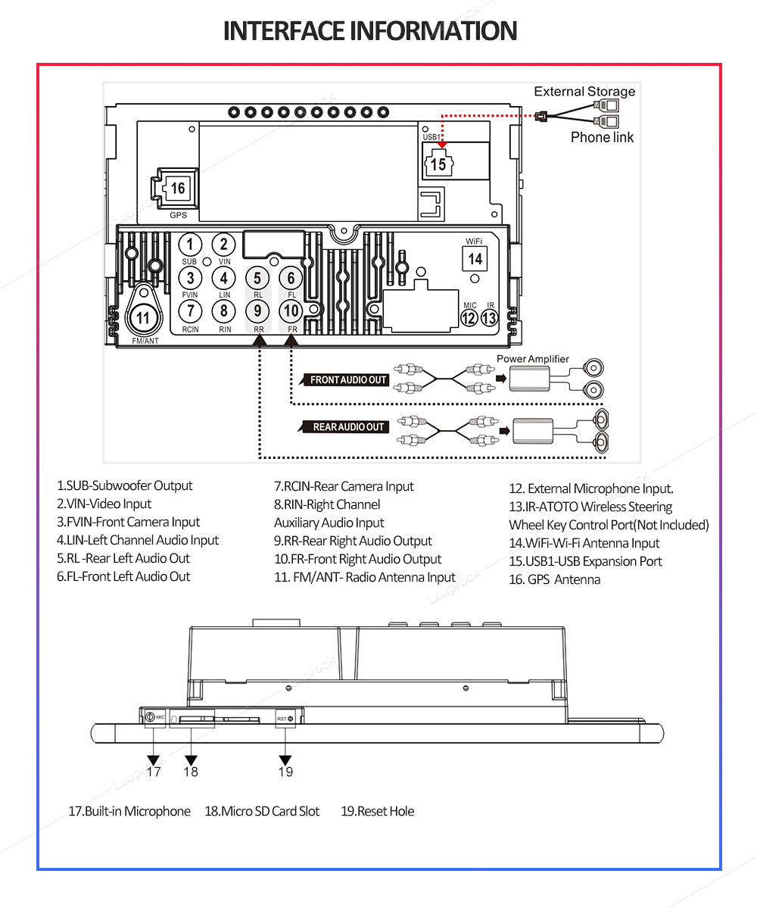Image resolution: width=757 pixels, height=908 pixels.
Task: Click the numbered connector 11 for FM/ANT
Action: click(143, 318)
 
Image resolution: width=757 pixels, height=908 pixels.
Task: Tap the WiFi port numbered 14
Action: click(475, 258)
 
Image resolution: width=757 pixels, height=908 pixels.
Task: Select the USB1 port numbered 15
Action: click(438, 164)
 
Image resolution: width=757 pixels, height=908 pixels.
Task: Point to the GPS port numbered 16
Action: click(177, 188)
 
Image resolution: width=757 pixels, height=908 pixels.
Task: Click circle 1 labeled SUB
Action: click(190, 245)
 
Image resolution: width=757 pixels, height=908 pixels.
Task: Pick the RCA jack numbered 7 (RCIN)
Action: click(190, 310)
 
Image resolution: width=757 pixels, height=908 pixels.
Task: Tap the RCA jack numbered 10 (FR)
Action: click(291, 310)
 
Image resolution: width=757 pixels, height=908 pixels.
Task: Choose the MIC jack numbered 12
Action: click(469, 318)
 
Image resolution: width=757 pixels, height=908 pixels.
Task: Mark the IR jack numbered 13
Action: click(490, 318)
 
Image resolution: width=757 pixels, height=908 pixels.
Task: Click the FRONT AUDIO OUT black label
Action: click(349, 380)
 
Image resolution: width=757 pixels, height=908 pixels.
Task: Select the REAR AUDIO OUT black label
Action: click(349, 427)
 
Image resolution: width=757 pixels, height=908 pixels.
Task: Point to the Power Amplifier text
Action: click(532, 359)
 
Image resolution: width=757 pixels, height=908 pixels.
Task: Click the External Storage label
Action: click(584, 92)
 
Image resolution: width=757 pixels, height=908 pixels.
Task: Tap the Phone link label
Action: click(602, 137)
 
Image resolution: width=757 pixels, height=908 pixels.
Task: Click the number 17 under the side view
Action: click(154, 772)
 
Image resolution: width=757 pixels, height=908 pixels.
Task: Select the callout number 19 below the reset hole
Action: click(285, 772)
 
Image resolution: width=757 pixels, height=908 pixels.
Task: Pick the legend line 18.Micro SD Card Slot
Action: click(262, 811)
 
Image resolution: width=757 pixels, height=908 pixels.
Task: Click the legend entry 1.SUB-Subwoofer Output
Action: click(125, 485)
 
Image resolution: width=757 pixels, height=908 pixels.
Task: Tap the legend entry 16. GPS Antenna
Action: click(554, 579)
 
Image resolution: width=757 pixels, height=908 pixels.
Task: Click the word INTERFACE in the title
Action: click(284, 31)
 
